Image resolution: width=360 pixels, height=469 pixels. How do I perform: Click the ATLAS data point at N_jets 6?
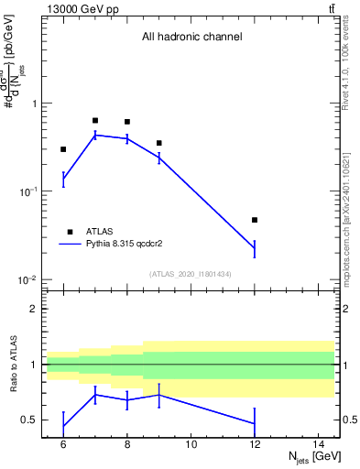click(63, 149)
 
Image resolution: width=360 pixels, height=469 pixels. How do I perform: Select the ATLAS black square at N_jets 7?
click(95, 120)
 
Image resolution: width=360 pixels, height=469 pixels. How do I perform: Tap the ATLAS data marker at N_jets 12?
click(255, 220)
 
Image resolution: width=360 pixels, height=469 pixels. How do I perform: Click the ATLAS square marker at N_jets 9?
click(159, 143)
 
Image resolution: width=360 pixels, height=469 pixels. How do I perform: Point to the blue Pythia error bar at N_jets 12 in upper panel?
click(255, 248)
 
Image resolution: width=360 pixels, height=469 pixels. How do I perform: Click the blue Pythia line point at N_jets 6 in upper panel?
click(63, 180)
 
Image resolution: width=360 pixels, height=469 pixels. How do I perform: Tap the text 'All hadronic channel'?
click(191, 38)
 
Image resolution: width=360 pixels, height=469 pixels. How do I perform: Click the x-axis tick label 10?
click(191, 444)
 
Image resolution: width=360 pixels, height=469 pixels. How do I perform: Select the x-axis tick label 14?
click(319, 444)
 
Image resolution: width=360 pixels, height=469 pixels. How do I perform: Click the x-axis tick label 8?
click(127, 444)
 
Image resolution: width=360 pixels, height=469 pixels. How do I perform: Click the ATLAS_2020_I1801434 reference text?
click(191, 274)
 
